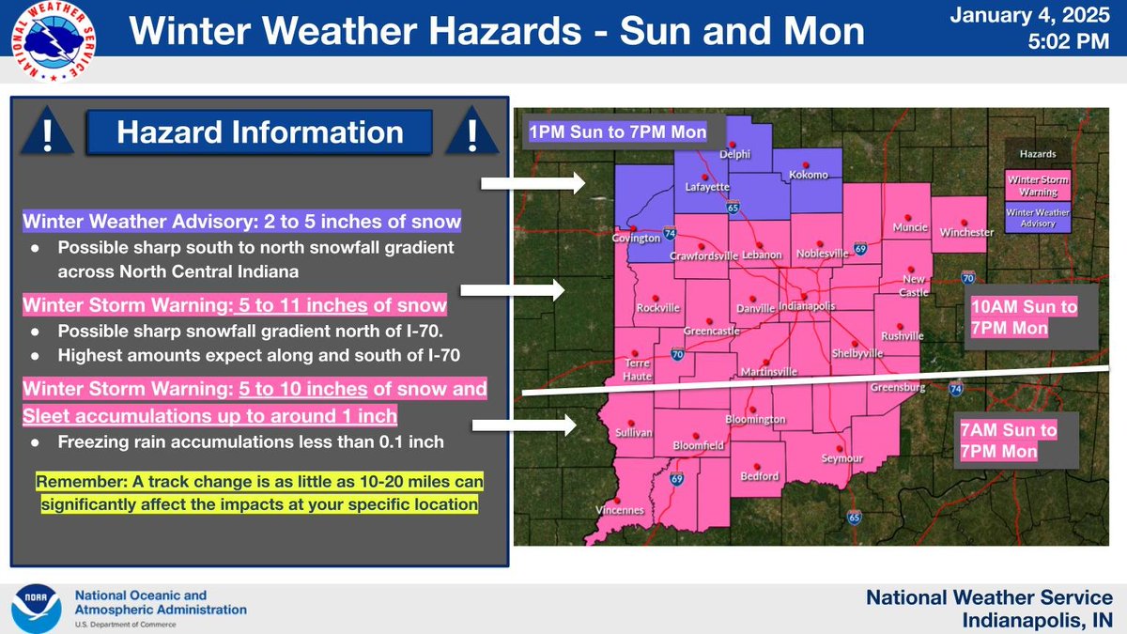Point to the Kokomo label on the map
(x=810, y=176)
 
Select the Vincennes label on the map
(x=620, y=510)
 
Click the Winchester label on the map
(x=966, y=232)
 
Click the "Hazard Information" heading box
(x=258, y=133)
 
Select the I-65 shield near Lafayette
(x=732, y=207)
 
